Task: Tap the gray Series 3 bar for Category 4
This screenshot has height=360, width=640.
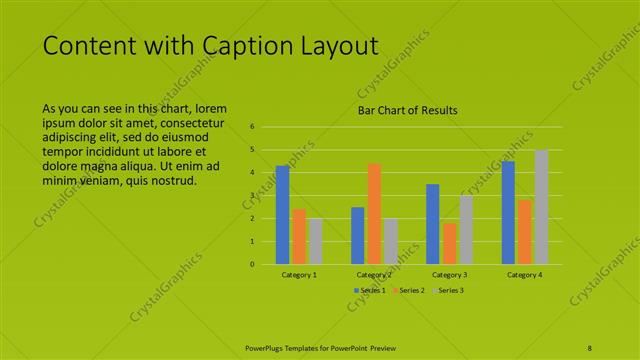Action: [541, 207]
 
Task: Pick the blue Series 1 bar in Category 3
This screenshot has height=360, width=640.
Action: [433, 224]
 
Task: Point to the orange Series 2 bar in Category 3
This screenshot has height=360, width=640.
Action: [449, 243]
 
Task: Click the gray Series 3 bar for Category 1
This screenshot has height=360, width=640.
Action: [315, 241]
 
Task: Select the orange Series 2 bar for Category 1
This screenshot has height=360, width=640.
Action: [299, 237]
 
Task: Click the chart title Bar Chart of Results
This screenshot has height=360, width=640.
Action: [408, 110]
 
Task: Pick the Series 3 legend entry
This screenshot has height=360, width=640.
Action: [448, 290]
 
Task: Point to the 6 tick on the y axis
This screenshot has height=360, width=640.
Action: [253, 127]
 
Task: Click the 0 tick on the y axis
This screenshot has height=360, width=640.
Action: [253, 264]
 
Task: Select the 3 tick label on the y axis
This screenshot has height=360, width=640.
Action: [253, 196]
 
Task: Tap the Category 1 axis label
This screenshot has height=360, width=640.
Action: [299, 274]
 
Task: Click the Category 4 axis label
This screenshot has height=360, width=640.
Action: [524, 274]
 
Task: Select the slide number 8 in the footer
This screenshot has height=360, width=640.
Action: [590, 348]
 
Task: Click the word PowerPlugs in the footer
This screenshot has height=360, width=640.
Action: [267, 348]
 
